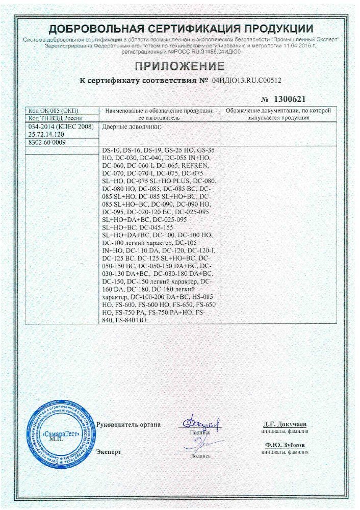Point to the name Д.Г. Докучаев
coord(285,424)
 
